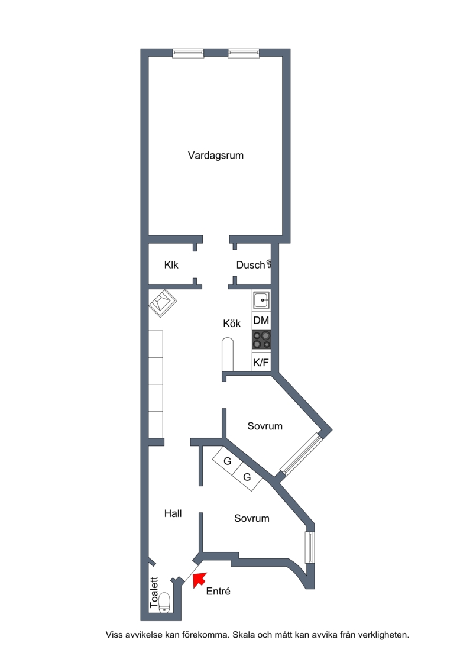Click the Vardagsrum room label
pyautogui.click(x=216, y=156)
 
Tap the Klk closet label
pyautogui.click(x=171, y=265)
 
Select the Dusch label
pyautogui.click(x=250, y=265)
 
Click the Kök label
pyautogui.click(x=232, y=324)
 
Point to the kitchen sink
pyautogui.click(x=261, y=300)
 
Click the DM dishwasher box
pyautogui.click(x=261, y=321)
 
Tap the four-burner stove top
pyautogui.click(x=261, y=341)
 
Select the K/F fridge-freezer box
pyautogui.click(x=261, y=362)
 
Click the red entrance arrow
pyautogui.click(x=199, y=580)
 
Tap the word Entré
pyautogui.click(x=218, y=591)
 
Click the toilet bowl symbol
pyautogui.click(x=164, y=603)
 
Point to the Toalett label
pyautogui.click(x=154, y=593)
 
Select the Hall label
pyautogui.click(x=173, y=513)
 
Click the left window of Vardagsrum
pyautogui.click(x=188, y=53)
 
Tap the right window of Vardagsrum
pyautogui.click(x=244, y=53)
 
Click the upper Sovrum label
pyautogui.click(x=265, y=426)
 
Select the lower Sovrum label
pyautogui.click(x=252, y=518)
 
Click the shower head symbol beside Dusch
pyautogui.click(x=269, y=264)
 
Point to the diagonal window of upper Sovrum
pyautogui.click(x=300, y=454)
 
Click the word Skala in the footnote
pyautogui.click(x=244, y=635)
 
